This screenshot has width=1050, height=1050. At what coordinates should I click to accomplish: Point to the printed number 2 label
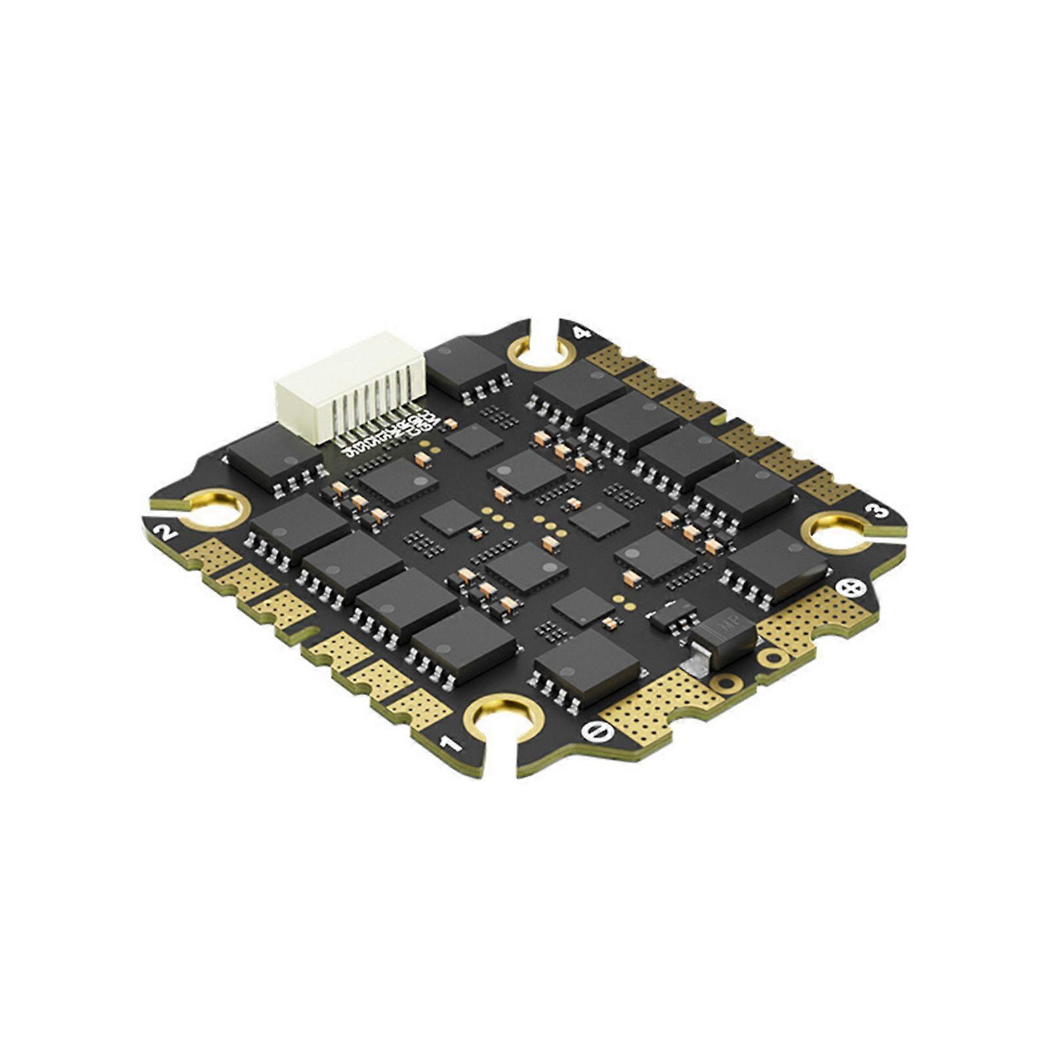click(165, 530)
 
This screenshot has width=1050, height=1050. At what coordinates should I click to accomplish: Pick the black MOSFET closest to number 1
click(465, 643)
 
